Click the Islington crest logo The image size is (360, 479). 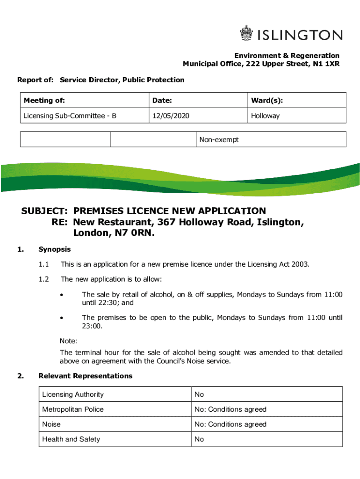pos(246,34)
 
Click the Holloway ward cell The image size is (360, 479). pos(265,116)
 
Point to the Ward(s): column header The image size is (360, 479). pos(266,101)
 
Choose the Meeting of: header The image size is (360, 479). pos(44,101)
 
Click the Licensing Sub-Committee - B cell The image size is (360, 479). pos(70,116)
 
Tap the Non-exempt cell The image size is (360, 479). pos(219,139)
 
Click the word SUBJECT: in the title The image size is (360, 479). pos(45,211)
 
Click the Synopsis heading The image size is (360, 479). pos(55,249)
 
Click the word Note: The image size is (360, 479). pos(68,341)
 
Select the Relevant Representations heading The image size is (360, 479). pos(86,376)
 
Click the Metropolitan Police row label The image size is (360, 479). pos(73,409)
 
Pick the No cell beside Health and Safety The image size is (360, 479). pos(199,439)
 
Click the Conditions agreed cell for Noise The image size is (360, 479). pos(230,424)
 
